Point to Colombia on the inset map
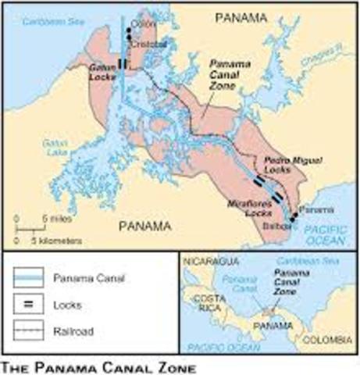coord(325,338)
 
